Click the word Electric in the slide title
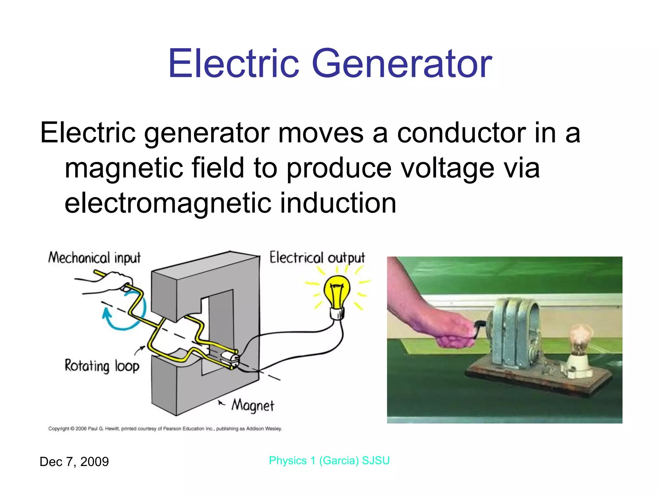point(234,64)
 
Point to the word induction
point(338,203)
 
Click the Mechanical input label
point(94,258)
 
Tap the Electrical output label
point(317,258)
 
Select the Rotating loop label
point(102,366)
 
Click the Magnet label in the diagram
point(253,406)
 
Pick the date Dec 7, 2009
point(74,462)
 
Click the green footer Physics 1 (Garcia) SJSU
point(329,461)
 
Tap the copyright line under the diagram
point(165,429)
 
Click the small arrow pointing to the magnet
point(221,403)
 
